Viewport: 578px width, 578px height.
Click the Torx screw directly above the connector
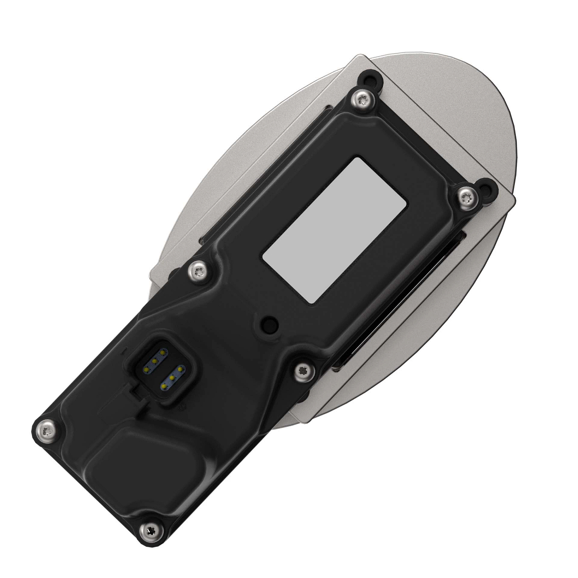[x=197, y=271]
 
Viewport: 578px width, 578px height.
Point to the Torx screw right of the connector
[x=303, y=370]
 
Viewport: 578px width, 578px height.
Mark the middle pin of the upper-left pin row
[x=155, y=361]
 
